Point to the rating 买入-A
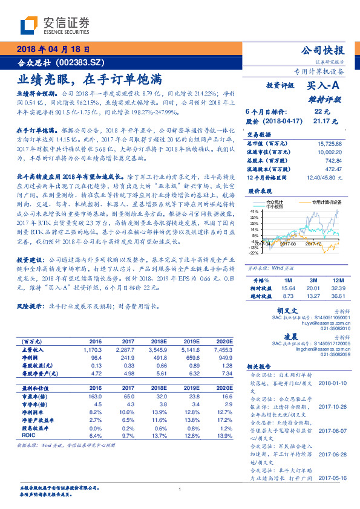click(x=324, y=86)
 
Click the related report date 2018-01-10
click(x=331, y=383)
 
